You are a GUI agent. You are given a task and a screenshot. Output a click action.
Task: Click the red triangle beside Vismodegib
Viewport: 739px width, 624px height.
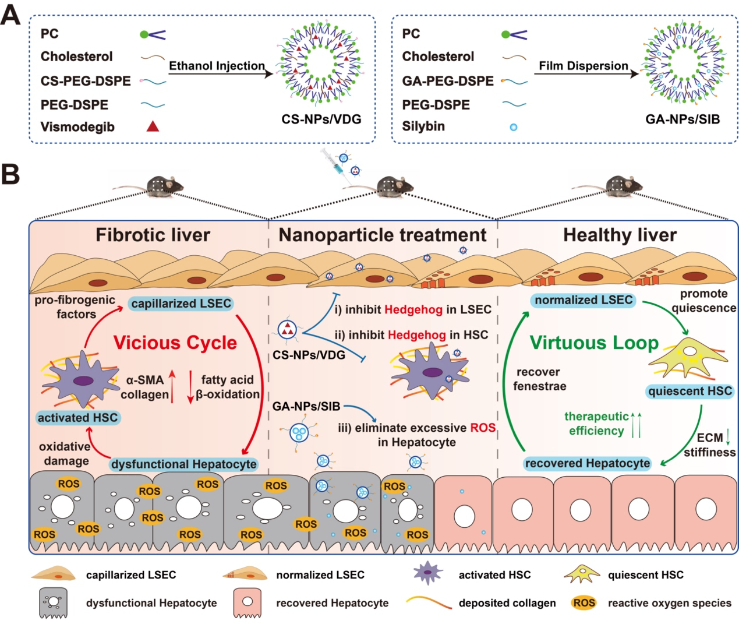(x=153, y=126)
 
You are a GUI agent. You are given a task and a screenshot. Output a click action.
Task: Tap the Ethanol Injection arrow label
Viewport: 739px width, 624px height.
(x=217, y=66)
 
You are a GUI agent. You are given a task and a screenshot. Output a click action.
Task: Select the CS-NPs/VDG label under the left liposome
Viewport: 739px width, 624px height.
(x=321, y=119)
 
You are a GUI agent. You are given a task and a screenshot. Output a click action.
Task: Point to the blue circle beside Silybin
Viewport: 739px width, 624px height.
(x=514, y=127)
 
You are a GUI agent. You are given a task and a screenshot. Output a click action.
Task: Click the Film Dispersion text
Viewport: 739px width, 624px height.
(x=583, y=66)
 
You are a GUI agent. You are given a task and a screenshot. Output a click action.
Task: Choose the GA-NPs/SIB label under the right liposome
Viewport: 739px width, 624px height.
(x=683, y=119)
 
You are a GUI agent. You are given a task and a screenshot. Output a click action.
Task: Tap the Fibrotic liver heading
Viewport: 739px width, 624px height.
(x=153, y=235)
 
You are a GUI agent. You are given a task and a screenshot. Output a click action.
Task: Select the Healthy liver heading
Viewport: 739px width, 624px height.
(x=620, y=235)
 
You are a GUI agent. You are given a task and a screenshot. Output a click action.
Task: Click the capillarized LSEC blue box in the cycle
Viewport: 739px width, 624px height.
(x=181, y=304)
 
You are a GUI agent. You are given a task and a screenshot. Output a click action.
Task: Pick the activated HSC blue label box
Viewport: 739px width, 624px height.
(x=77, y=418)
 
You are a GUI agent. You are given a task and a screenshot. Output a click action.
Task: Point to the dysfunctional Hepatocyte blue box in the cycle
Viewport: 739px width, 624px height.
(x=183, y=464)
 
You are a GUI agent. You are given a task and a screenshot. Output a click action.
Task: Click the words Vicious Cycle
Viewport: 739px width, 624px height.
(x=175, y=343)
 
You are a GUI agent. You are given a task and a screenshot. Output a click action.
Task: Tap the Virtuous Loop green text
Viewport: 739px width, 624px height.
(x=594, y=343)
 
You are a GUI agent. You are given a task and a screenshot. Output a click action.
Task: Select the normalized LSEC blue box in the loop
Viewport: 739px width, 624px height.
(x=584, y=300)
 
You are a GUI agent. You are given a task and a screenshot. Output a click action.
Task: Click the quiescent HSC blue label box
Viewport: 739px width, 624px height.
(x=690, y=391)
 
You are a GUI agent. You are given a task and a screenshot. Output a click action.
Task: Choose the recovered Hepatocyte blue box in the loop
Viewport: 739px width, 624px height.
(x=587, y=464)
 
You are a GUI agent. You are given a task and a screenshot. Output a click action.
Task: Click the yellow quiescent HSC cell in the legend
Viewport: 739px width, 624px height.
(x=581, y=574)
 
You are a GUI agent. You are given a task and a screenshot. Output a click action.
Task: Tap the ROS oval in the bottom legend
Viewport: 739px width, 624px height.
(x=584, y=603)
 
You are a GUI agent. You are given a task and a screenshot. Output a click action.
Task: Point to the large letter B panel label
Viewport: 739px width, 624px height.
(x=10, y=174)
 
